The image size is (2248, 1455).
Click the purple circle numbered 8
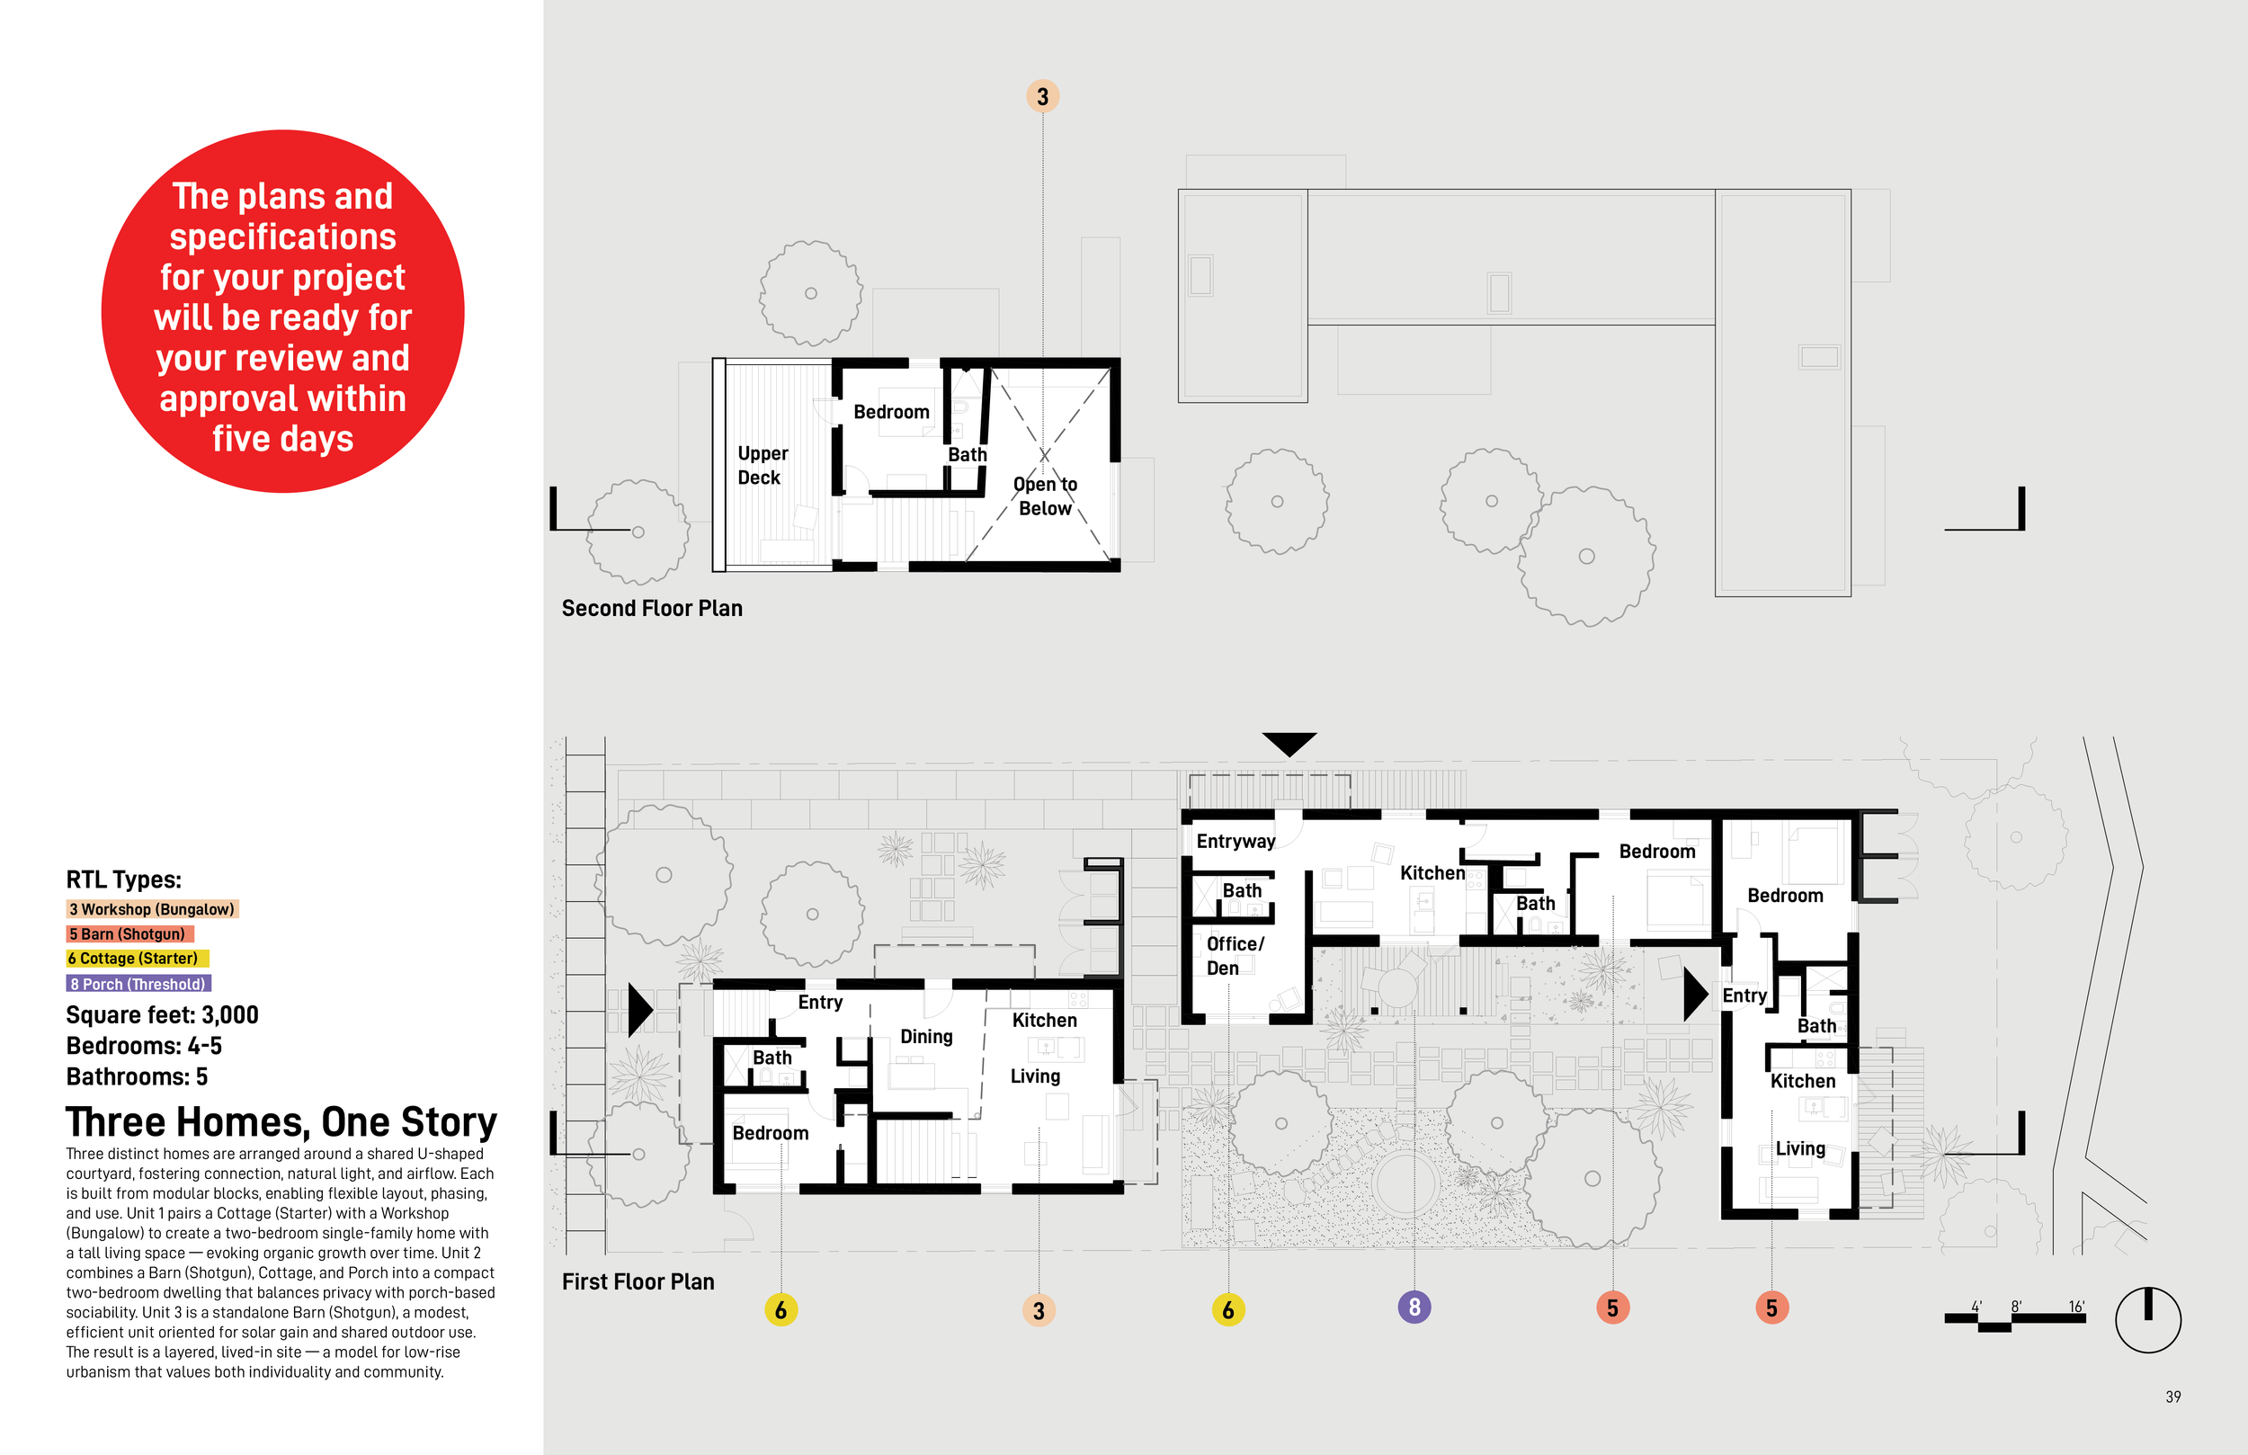(x=1413, y=1307)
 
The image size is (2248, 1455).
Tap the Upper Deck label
(x=762, y=465)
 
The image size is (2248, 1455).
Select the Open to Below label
(x=1045, y=496)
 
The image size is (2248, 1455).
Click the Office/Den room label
(x=1234, y=955)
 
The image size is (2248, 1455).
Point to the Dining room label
(x=925, y=1037)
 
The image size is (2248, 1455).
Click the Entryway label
(x=1235, y=841)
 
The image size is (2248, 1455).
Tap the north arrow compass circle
(x=2147, y=1319)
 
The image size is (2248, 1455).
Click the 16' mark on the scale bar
(x=2075, y=1307)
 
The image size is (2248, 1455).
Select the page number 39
(x=2172, y=1397)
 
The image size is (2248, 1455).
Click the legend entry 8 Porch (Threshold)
(x=138, y=984)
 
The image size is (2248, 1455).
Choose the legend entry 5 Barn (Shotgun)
(x=129, y=933)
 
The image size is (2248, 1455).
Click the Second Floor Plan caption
(x=652, y=609)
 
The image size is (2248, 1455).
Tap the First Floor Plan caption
(x=638, y=1282)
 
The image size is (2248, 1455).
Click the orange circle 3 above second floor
(x=1042, y=96)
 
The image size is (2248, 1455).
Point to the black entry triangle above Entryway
(x=1289, y=743)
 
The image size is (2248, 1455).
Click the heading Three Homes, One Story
(x=281, y=1122)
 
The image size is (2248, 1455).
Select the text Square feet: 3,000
(x=162, y=1014)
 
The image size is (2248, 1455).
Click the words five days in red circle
(x=282, y=440)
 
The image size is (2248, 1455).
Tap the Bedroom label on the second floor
(x=891, y=412)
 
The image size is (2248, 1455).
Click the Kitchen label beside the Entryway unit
(x=1431, y=873)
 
